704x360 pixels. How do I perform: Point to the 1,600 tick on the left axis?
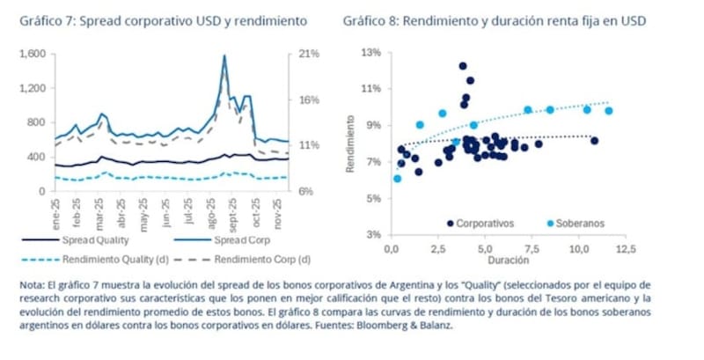[x=31, y=55]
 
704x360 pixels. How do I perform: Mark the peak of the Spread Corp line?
[x=224, y=57]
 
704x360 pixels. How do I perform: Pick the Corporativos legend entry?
[x=482, y=224]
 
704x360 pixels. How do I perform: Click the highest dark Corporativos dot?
[x=463, y=66]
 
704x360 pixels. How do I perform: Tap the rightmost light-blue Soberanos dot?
[x=608, y=111]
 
